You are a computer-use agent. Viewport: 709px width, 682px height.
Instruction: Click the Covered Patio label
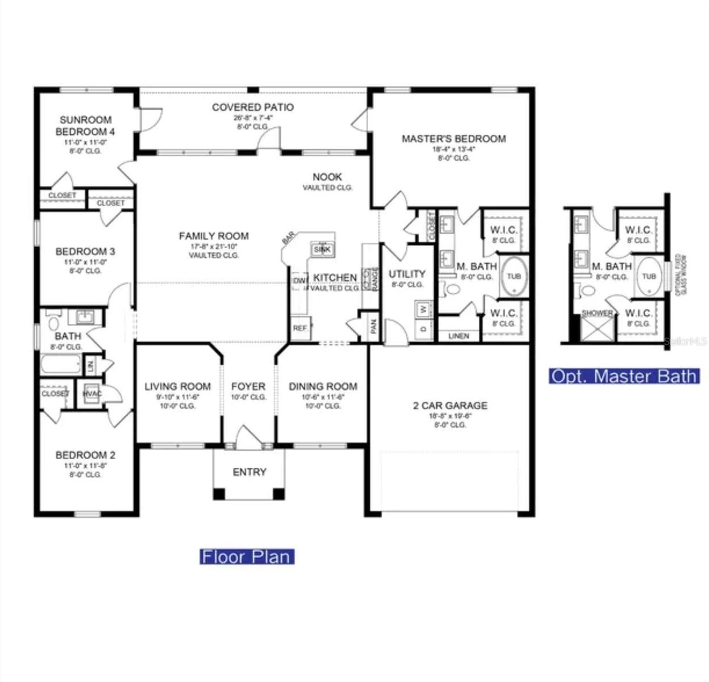click(253, 107)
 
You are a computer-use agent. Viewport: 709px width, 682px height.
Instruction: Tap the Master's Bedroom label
click(453, 139)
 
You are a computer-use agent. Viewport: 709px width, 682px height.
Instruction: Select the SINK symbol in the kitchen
click(322, 249)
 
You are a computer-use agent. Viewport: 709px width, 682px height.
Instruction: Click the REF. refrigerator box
click(300, 328)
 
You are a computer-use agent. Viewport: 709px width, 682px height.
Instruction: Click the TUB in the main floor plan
click(514, 277)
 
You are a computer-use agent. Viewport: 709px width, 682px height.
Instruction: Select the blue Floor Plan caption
click(247, 556)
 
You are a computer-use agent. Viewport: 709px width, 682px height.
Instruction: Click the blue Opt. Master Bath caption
click(624, 376)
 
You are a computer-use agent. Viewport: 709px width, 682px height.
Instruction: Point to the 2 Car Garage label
click(450, 406)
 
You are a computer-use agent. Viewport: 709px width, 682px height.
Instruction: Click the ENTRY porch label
click(249, 472)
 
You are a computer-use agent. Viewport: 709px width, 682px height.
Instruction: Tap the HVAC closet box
click(91, 393)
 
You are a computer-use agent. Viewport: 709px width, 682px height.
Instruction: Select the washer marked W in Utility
click(423, 310)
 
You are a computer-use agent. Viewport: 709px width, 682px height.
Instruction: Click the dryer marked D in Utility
click(423, 329)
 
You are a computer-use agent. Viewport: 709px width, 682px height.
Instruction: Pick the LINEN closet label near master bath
click(458, 336)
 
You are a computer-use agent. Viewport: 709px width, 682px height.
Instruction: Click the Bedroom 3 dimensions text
click(85, 263)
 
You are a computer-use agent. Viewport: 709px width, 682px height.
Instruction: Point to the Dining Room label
click(323, 386)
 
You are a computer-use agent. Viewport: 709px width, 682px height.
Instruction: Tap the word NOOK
click(327, 177)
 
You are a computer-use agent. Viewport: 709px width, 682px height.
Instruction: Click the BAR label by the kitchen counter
click(288, 239)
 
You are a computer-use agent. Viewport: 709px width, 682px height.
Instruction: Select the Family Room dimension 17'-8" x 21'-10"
click(214, 247)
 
